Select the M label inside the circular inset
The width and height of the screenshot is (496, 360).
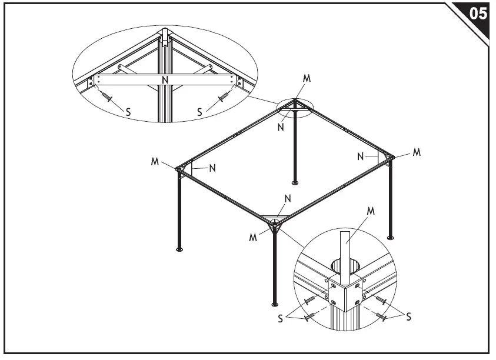coord(371,211)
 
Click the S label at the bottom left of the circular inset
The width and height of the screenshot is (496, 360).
coord(281,318)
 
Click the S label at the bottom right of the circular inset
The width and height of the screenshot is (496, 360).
coord(408,317)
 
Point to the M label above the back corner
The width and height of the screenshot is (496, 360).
coord(306,78)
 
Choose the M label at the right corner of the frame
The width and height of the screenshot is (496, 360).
coord(417,152)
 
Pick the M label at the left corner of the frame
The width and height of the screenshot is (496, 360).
coord(155,161)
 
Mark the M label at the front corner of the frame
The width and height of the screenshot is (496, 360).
coord(253,237)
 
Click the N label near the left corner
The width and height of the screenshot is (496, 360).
coord(212,168)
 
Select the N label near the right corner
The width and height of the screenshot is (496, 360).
coord(359,156)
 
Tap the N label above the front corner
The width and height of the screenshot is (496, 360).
coord(287,199)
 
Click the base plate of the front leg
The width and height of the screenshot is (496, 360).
coord(274,304)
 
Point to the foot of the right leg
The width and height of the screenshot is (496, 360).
coord(390,237)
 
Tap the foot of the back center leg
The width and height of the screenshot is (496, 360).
coord(295,183)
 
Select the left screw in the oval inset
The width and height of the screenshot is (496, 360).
coord(106,96)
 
